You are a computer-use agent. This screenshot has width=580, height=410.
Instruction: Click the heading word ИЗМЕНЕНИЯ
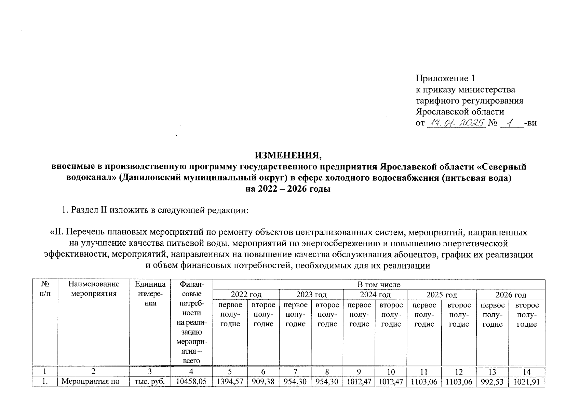point(289,155)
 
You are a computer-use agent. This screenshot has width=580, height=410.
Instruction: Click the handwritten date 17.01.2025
point(456,123)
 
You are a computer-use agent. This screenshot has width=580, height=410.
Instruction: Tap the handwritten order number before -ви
point(511,123)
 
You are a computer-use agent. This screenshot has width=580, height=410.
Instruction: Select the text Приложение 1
point(445,79)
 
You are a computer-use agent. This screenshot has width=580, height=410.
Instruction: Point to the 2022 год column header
point(246,295)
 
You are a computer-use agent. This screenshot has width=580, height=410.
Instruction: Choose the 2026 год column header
point(511,295)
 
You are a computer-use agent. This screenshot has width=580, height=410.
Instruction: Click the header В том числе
point(379,285)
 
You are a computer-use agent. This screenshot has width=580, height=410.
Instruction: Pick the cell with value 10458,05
point(191,381)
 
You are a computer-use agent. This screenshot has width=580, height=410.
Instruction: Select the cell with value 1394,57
point(230,381)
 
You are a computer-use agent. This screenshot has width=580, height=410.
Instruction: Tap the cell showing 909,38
point(263,381)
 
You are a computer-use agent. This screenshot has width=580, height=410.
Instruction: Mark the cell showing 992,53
point(493,381)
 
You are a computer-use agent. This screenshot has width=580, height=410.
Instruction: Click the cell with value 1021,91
point(527,381)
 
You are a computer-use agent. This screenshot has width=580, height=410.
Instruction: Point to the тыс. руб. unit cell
point(150,381)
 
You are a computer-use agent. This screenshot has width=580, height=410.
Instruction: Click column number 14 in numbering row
point(527,372)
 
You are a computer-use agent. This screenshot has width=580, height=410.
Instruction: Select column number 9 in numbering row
point(359,372)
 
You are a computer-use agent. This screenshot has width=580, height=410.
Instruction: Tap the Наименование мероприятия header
point(94,289)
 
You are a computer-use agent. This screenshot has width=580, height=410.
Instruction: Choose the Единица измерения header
point(150,293)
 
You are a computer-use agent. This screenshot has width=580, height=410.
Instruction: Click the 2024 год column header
point(375,295)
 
